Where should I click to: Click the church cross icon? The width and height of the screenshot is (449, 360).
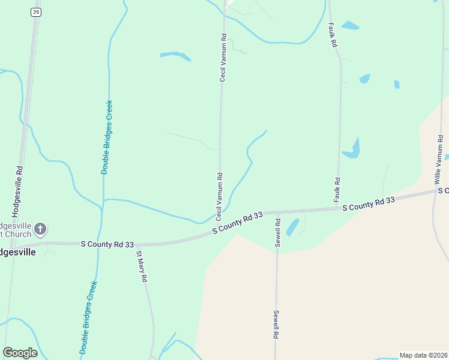click(x=40, y=229)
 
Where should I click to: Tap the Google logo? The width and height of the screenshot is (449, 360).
click(x=20, y=353)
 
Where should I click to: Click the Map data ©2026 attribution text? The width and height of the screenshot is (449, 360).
click(x=423, y=355)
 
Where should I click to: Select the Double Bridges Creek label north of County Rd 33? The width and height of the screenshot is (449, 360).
click(x=106, y=137)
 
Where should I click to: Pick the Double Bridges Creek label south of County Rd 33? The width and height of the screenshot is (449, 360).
click(x=88, y=316)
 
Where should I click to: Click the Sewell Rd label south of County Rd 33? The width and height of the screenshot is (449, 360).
click(x=276, y=325)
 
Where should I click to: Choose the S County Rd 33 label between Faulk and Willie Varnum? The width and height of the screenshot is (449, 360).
click(x=369, y=204)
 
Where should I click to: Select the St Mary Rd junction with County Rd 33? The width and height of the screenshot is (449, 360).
click(x=137, y=245)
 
